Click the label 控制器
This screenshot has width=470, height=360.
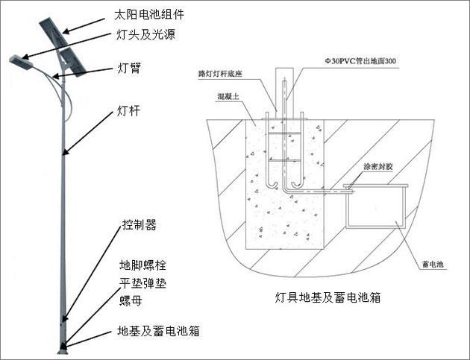click(x=140, y=224)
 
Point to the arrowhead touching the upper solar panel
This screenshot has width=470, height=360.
click(x=63, y=31)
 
